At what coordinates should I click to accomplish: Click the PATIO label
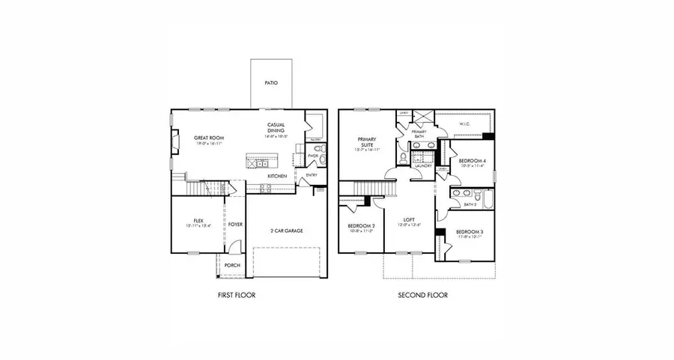271,82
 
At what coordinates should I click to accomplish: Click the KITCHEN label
277,176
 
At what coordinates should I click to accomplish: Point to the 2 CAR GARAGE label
287,231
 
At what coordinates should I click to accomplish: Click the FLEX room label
198,221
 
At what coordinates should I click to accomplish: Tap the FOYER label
235,224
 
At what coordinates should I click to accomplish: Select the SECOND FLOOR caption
424,295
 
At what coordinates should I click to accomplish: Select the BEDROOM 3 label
470,232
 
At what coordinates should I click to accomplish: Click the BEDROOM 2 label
360,225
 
